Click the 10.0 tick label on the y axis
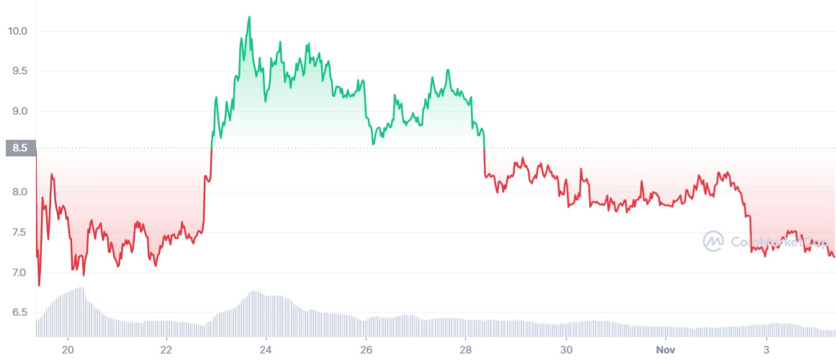[x=17, y=31]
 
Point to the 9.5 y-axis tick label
[x=17, y=71]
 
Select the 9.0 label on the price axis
[x=17, y=112]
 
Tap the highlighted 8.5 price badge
[x=18, y=149]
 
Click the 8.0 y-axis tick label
[x=17, y=192]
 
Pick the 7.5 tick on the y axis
[x=17, y=233]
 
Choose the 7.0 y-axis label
[x=17, y=273]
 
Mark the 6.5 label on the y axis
[x=17, y=313]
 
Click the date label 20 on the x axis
[x=68, y=349]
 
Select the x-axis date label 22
[x=167, y=349]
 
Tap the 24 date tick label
[x=266, y=349]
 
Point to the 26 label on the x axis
[x=367, y=349]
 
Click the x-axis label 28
[x=466, y=349]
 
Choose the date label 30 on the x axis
[x=566, y=349]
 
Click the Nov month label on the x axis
[x=665, y=349]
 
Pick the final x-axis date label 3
[x=766, y=349]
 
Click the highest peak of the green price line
[x=249, y=17]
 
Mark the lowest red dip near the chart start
[x=39, y=285]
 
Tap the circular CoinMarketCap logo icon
[x=714, y=241]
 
